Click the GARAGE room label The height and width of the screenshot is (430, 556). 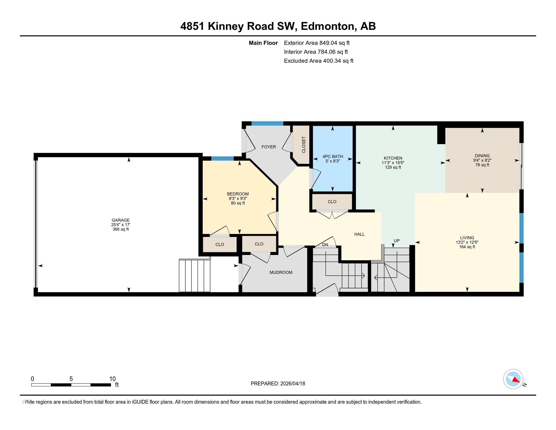120,220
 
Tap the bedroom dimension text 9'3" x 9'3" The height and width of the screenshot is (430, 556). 238,199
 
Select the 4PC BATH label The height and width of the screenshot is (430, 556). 333,157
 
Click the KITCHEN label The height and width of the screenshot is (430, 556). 393,158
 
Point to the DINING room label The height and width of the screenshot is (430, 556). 482,156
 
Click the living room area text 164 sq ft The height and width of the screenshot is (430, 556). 467,247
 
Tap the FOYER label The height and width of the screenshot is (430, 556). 269,147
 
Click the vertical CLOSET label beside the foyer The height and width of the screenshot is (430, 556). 304,145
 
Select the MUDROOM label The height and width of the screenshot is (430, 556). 281,272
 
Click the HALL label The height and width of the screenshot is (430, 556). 359,234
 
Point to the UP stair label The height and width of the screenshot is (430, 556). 396,241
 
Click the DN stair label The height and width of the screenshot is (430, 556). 325,245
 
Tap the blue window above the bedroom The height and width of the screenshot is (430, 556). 222,158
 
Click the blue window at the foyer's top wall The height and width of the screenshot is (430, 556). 267,123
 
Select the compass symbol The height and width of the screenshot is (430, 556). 513,379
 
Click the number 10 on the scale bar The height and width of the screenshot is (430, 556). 112,379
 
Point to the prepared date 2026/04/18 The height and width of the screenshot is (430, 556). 292,384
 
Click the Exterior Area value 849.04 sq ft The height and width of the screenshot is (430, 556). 334,43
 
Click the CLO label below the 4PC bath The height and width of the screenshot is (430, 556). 332,202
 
